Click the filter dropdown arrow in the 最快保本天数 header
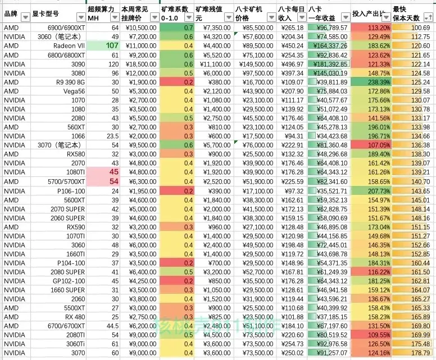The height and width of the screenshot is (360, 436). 430,17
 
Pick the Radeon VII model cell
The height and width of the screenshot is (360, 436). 70,45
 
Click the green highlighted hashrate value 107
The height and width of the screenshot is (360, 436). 112,45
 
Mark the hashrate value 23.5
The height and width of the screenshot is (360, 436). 112,136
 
